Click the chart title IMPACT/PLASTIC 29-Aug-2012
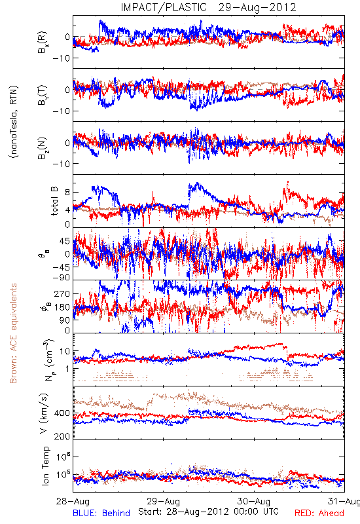tap(208, 7)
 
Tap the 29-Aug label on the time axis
tap(163, 501)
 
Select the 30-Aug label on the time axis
tap(254, 501)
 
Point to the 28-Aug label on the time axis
tap(73, 501)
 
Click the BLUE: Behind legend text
tap(101, 513)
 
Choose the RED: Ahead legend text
tap(319, 513)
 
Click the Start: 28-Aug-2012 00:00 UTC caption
tap(208, 512)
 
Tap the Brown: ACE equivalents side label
tap(13, 333)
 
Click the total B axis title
tap(54, 201)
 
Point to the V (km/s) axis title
tap(44, 413)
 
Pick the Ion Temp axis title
tap(45, 466)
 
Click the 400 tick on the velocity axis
tap(62, 413)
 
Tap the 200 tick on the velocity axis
tap(62, 436)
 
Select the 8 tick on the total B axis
tap(67, 193)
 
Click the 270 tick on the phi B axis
tap(62, 294)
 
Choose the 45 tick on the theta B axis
tap(65, 241)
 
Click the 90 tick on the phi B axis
tap(65, 320)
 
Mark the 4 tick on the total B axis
tap(67, 210)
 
